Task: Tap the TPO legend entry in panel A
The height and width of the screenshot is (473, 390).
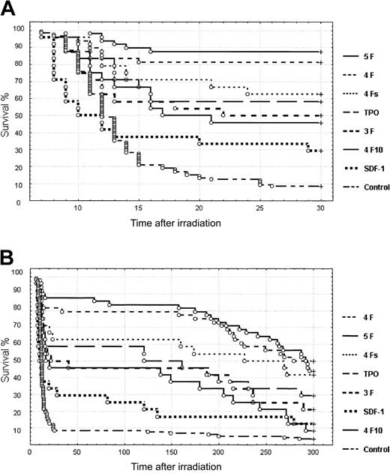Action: [x=371, y=112]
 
